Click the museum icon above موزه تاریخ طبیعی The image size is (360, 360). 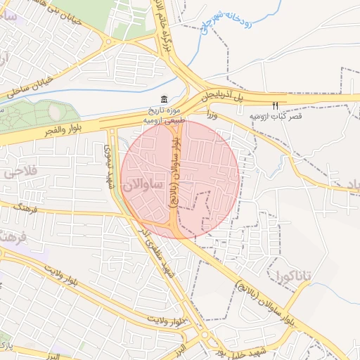click(164, 98)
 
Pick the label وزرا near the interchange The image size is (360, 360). click(213, 113)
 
